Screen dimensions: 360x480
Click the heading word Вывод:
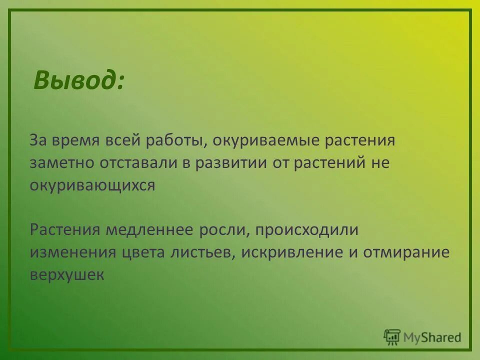(79, 80)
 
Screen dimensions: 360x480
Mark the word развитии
(230, 163)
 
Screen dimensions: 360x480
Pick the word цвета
(145, 252)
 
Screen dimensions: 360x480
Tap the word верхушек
(67, 274)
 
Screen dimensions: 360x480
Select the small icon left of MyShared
(392, 337)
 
